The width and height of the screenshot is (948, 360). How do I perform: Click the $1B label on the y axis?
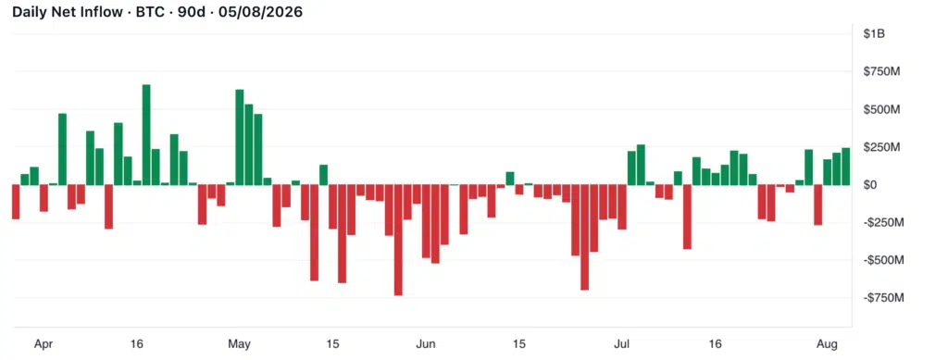tap(874, 34)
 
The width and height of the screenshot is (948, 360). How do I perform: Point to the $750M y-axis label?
tap(882, 72)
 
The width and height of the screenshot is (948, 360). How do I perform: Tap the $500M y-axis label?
tap(882, 109)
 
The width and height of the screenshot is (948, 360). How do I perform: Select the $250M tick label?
tap(882, 147)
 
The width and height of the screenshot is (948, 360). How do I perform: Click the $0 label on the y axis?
tap(870, 185)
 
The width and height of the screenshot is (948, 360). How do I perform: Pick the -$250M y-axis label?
tap(884, 222)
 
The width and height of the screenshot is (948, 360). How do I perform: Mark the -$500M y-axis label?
tap(884, 260)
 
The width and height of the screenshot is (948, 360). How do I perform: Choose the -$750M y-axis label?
tap(884, 298)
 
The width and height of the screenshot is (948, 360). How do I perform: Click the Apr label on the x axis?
tap(43, 345)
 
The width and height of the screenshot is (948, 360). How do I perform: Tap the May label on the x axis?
tap(239, 345)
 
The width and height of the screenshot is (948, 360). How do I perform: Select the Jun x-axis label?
tap(426, 345)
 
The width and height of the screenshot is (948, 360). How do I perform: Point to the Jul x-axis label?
tap(621, 345)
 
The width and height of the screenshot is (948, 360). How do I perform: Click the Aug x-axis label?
tap(827, 345)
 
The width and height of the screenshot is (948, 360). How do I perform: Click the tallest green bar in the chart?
tap(146, 135)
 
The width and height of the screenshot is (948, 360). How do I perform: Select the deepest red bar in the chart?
tap(398, 240)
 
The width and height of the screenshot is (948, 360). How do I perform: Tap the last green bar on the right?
tap(845, 167)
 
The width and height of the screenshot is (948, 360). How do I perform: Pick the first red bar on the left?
tap(16, 202)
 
